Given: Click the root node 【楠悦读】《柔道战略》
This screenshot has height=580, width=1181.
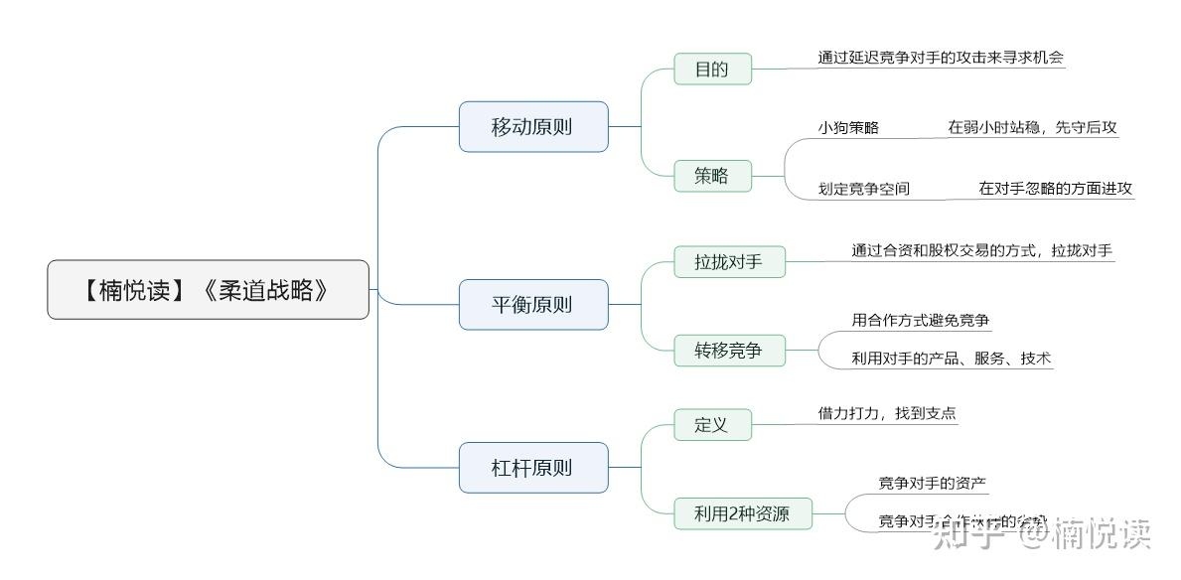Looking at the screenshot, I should point(208,290).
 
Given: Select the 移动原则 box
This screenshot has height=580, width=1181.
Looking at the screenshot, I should point(532,127).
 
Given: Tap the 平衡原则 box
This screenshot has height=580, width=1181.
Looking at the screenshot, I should point(532,305).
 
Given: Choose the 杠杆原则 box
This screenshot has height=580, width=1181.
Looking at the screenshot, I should point(532,468).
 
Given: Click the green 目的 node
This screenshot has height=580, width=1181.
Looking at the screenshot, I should point(711,70).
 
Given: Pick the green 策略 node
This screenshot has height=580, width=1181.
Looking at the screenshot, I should point(711,176).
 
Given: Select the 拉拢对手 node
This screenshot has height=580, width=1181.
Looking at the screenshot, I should point(729,262).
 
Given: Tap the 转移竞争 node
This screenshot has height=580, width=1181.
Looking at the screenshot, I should point(729,351).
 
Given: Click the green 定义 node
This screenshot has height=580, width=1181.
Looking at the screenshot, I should point(711,425).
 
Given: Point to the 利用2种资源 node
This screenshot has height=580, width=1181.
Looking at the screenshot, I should point(743,514).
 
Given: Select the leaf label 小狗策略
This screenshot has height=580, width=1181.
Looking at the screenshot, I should point(848,128).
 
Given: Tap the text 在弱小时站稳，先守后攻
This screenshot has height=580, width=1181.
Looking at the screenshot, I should point(1032,128).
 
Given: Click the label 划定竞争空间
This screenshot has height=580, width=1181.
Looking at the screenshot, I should point(863,189).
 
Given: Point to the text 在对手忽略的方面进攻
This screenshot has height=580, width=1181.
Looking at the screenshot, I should point(1055,189).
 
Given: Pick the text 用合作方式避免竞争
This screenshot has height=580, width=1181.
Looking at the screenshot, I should point(921,320).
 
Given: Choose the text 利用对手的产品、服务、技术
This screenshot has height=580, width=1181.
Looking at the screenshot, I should point(951,359).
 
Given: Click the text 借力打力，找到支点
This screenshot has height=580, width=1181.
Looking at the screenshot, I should point(887,413).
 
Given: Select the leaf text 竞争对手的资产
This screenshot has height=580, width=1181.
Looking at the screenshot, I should point(932,483).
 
